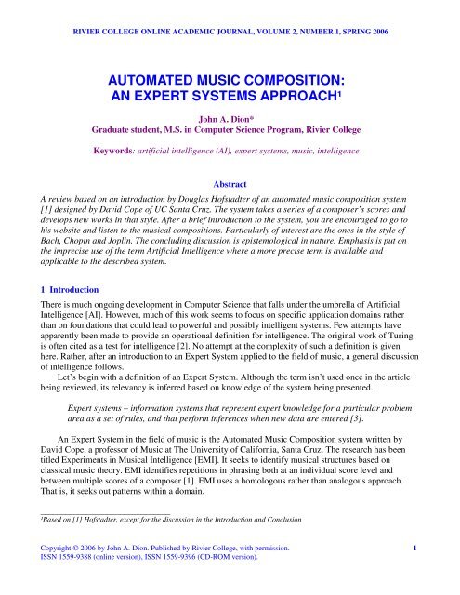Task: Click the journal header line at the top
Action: tap(230, 13)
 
